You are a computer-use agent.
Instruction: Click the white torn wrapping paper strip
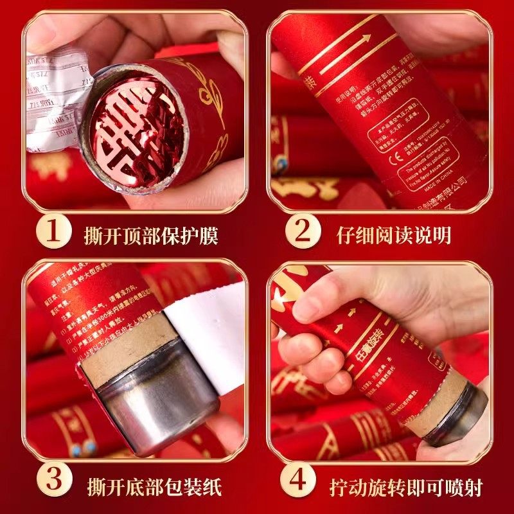click(206, 334)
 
